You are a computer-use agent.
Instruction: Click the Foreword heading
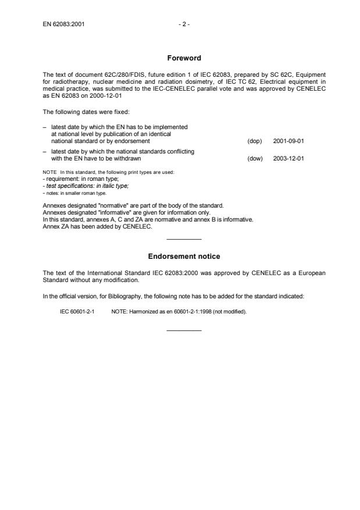point(183,58)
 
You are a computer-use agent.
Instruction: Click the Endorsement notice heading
point(183,256)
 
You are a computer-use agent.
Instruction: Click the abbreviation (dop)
point(255,141)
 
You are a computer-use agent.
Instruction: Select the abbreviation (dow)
point(255,158)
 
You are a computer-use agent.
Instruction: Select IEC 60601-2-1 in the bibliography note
point(77,311)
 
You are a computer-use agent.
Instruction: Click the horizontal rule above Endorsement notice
point(184,240)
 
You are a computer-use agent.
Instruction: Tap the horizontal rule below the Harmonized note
point(184,330)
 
